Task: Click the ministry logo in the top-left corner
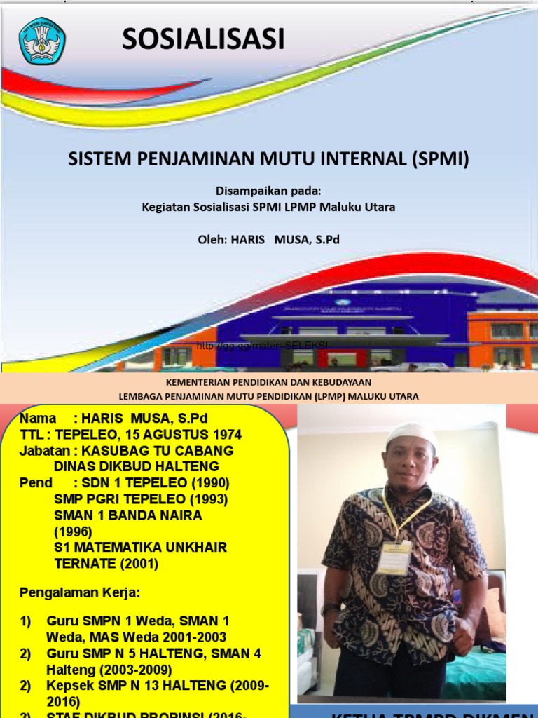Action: pos(42,41)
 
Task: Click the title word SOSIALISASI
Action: pos(203,40)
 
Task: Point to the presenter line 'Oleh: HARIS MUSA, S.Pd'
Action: pos(269,240)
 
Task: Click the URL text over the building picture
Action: pos(262,346)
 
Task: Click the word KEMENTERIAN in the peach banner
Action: pos(198,382)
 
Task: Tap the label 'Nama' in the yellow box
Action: pos(38,419)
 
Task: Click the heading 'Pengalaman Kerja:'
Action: pos(80,593)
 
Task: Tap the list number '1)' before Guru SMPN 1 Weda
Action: pos(26,621)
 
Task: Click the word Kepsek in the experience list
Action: pos(67,686)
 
